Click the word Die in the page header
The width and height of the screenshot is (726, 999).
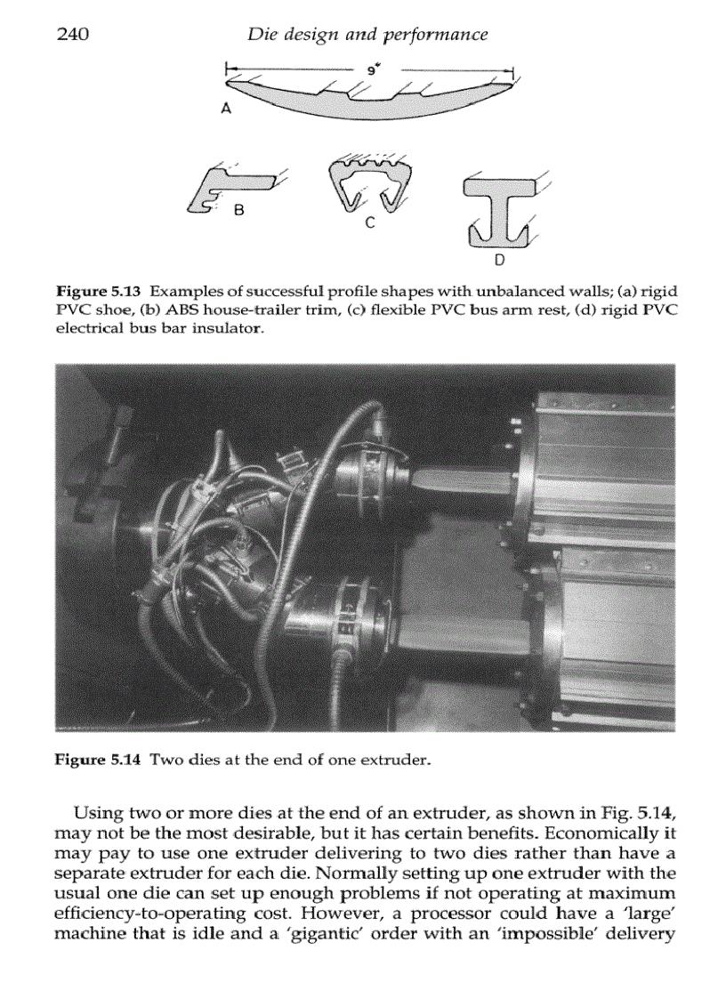262,35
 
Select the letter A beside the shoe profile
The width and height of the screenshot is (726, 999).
226,109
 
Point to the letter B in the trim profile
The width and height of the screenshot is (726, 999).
238,211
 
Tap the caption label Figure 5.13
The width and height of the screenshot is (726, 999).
99,293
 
